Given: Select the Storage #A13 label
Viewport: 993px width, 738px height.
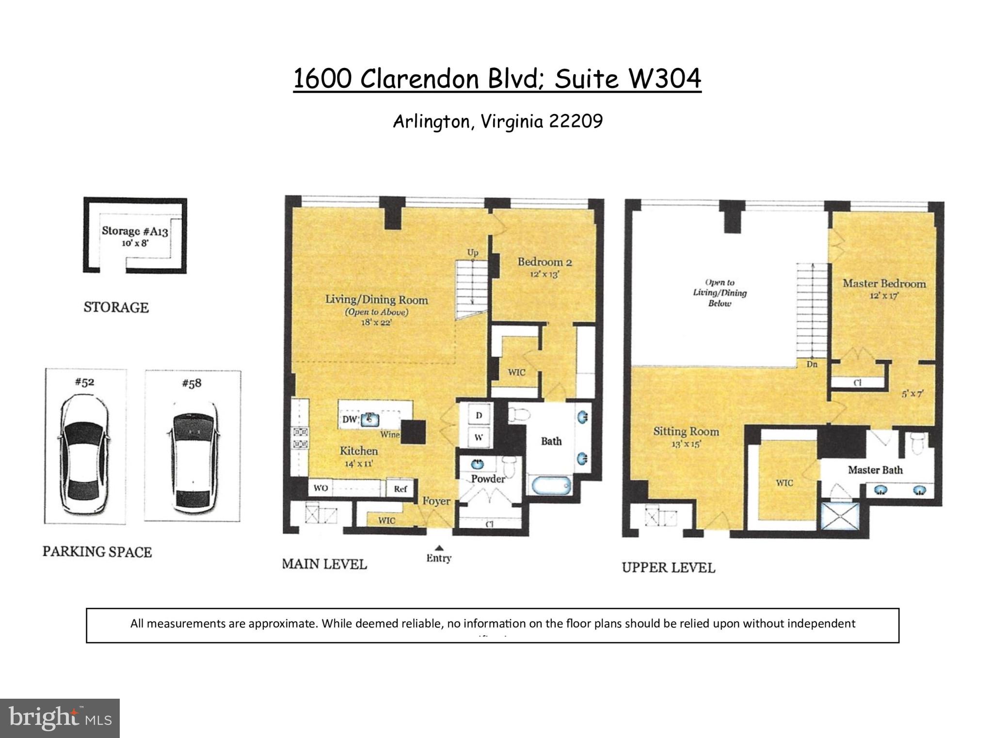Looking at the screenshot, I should click(x=135, y=231).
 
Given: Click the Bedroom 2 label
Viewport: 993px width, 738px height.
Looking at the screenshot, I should click(x=545, y=262).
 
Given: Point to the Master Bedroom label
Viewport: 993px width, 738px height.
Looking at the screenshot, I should click(x=884, y=284).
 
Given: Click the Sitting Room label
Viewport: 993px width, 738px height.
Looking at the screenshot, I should click(x=686, y=431).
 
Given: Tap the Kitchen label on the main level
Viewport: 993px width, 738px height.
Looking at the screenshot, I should click(x=358, y=451).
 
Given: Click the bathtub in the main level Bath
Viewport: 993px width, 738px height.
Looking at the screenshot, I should click(x=552, y=485).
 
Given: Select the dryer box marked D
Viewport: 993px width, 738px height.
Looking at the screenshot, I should click(x=479, y=416).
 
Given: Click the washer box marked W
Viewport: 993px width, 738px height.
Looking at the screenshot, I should click(x=479, y=437).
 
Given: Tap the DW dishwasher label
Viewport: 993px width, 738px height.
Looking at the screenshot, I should click(x=349, y=419).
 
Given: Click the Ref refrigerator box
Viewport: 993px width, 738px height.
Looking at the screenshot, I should click(x=400, y=489).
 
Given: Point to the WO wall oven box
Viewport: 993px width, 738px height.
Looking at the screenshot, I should click(x=321, y=488).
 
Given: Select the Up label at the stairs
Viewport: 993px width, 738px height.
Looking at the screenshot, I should click(x=472, y=252).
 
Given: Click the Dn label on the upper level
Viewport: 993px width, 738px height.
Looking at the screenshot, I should click(x=812, y=364).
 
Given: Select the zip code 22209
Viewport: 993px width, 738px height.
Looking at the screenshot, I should click(x=576, y=121).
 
